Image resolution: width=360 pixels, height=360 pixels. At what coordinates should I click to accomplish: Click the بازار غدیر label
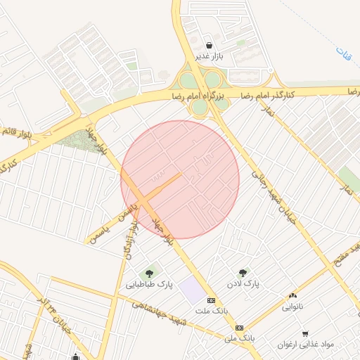(210, 56)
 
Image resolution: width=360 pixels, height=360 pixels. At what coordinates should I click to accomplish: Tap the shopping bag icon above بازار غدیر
(210, 45)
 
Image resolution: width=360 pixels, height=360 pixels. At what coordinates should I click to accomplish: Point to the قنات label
(342, 51)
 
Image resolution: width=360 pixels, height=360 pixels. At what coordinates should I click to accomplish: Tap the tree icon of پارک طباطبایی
(149, 274)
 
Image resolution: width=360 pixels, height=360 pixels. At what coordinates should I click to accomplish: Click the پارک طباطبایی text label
(149, 285)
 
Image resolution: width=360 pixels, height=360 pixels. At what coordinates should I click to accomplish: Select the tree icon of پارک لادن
(243, 272)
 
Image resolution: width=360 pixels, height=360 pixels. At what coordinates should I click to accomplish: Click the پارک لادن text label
(243, 283)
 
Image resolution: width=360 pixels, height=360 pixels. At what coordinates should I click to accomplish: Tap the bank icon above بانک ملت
(212, 300)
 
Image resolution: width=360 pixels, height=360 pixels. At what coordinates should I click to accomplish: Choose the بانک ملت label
(212, 311)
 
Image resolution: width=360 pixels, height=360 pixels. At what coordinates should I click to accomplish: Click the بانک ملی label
(239, 338)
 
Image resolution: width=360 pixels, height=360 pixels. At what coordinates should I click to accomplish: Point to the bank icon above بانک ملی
(240, 328)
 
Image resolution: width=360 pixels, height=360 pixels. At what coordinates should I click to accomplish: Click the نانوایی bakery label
(293, 307)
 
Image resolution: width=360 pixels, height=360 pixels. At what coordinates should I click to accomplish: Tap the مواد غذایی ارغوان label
(304, 345)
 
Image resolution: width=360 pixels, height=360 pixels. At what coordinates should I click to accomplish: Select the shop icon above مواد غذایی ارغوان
(304, 333)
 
